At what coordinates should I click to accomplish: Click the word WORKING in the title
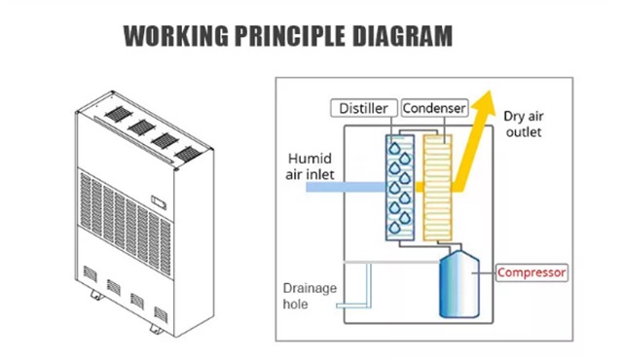pos(175,36)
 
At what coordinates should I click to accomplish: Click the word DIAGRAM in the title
pos(402,36)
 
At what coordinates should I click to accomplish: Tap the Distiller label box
pos(364,108)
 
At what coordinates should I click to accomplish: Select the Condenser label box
pos(434,108)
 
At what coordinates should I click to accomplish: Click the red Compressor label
pos(531,272)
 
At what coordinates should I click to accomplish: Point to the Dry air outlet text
pos(524,124)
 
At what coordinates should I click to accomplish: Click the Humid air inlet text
pos(310,166)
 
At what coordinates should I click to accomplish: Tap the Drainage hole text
pos(310,296)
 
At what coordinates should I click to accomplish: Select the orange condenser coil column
pos(437,188)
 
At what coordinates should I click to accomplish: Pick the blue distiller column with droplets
pos(400,188)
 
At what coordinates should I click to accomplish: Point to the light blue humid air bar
pos(346,188)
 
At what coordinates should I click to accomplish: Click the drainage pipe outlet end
pos(338,306)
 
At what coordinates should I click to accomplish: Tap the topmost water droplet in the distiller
pos(394,149)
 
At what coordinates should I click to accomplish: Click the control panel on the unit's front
pos(159,202)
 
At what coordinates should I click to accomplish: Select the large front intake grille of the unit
pos(126,222)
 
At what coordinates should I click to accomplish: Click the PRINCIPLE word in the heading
pos(290,36)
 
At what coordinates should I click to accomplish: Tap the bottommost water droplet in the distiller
pos(394,228)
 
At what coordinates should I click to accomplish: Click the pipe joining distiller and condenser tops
pos(419,131)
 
